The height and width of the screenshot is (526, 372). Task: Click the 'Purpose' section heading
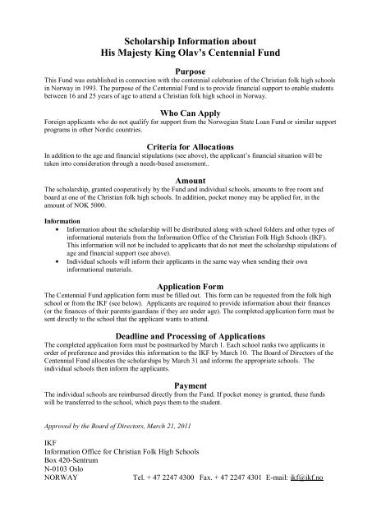point(185,72)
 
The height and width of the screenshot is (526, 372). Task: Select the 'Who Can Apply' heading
point(185,113)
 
